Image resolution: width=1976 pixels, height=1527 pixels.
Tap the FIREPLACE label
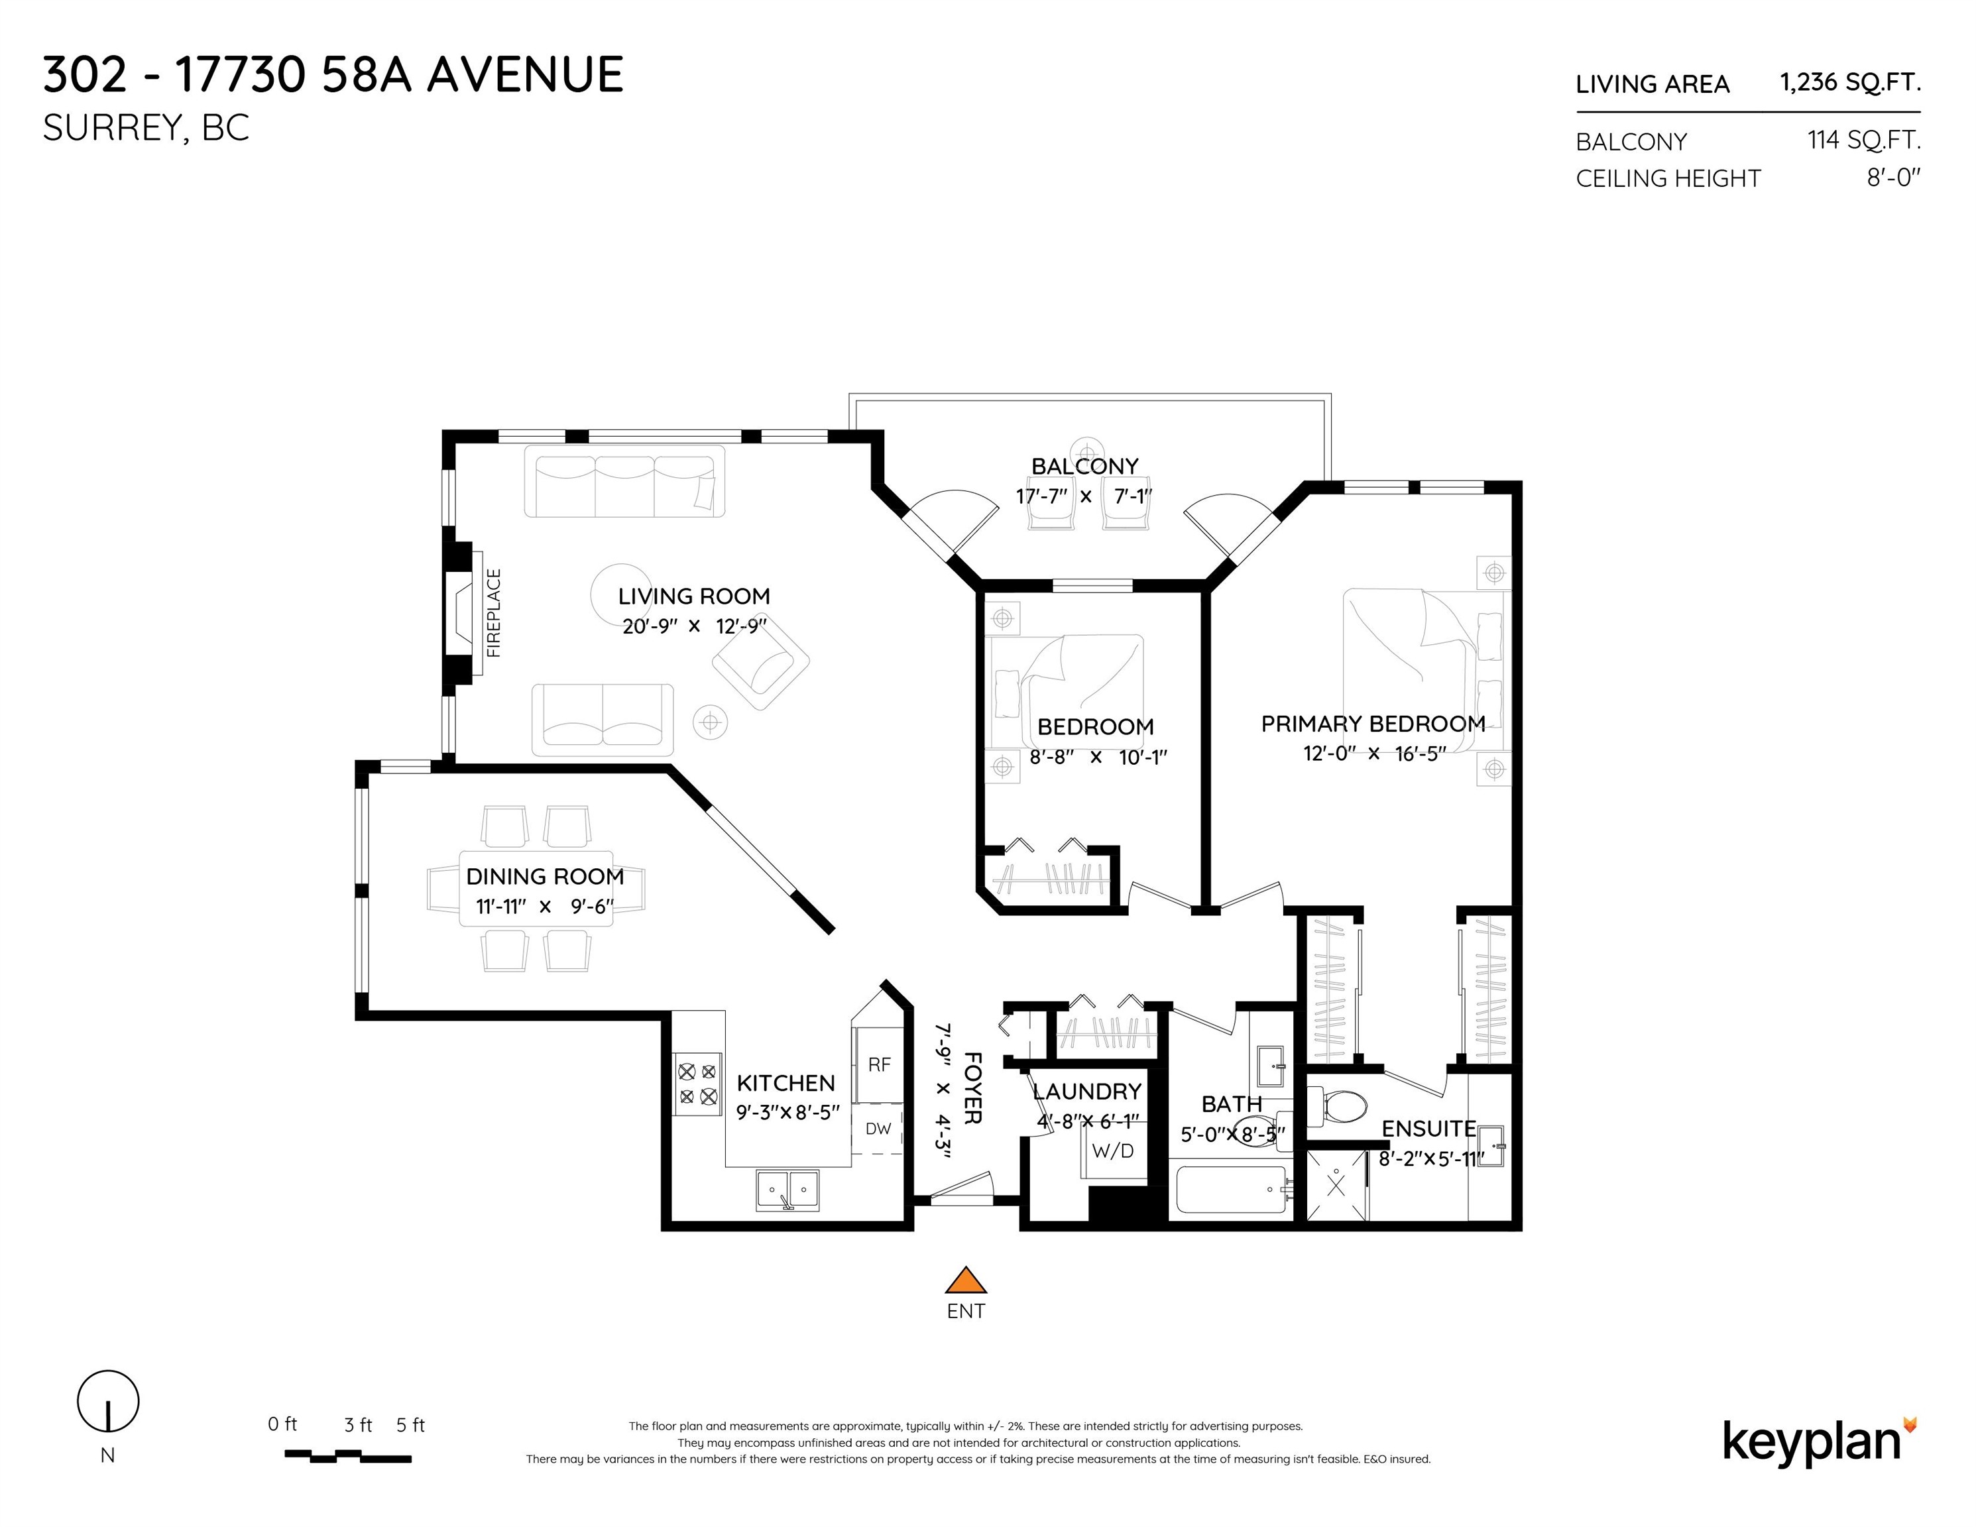(x=493, y=612)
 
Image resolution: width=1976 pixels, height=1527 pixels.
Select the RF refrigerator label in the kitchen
(x=878, y=1065)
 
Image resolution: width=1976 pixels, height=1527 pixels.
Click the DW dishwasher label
(x=878, y=1128)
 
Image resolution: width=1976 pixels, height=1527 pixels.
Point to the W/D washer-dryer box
(x=1113, y=1151)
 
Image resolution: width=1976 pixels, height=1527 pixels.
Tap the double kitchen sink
(x=788, y=1190)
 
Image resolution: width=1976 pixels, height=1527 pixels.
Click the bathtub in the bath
(x=1232, y=1190)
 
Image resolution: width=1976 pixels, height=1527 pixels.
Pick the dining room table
(x=536, y=888)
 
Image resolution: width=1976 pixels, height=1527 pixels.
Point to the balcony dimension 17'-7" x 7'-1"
(x=1084, y=496)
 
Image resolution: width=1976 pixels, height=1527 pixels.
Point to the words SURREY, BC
(x=146, y=129)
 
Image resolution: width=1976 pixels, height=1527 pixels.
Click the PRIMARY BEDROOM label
(x=1373, y=724)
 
